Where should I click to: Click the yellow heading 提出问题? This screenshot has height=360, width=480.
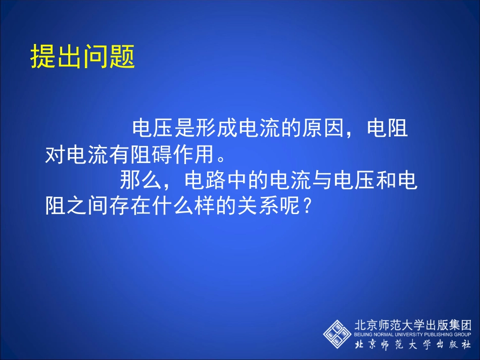pos(83,57)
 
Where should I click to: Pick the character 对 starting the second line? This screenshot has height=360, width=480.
pos(56,155)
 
